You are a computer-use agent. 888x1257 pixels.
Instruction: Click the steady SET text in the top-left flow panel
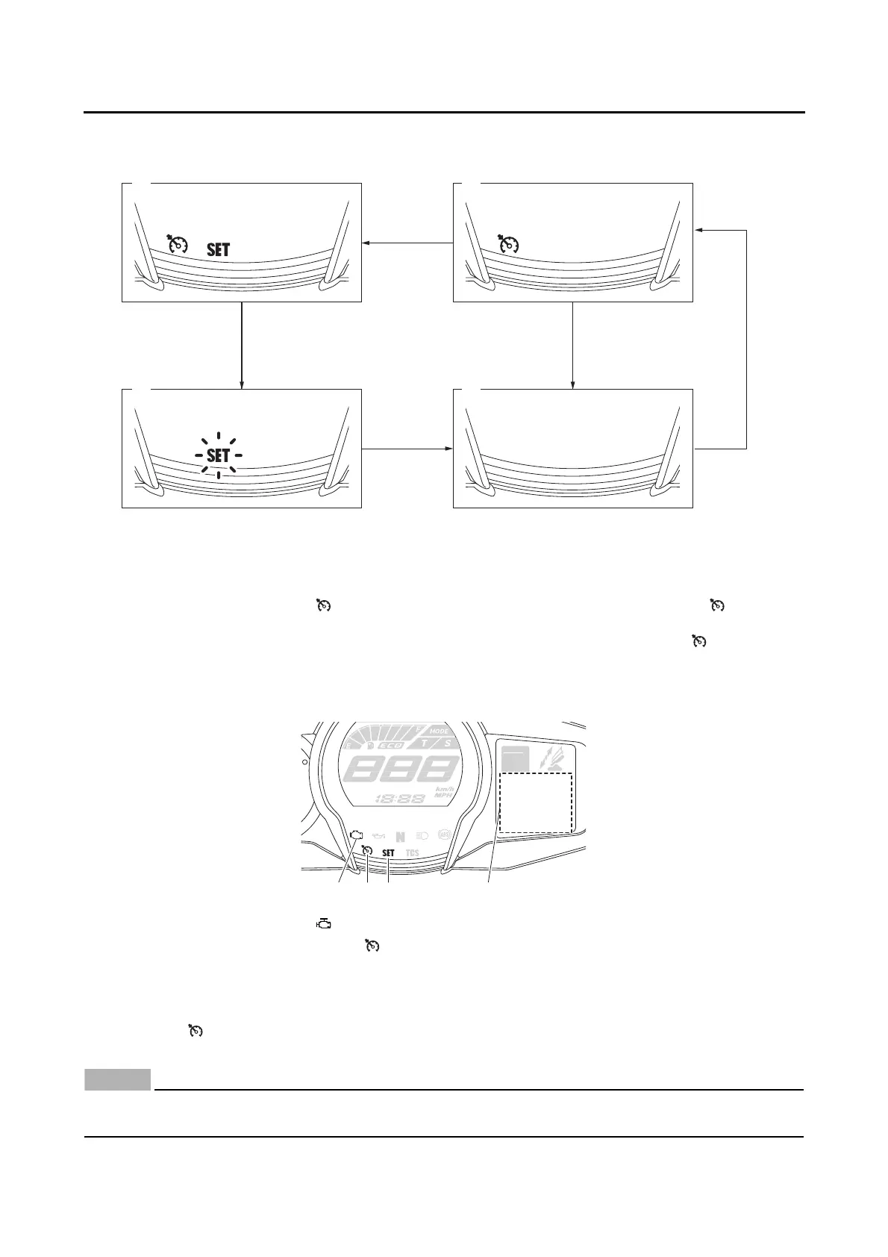pyautogui.click(x=218, y=250)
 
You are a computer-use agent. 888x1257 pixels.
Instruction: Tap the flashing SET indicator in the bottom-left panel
pyautogui.click(x=219, y=455)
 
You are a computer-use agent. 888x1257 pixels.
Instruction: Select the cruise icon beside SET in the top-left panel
pyautogui.click(x=179, y=245)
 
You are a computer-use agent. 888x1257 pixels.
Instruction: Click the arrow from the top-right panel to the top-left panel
pyautogui.click(x=407, y=243)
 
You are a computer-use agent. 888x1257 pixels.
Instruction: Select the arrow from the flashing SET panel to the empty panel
pyautogui.click(x=407, y=449)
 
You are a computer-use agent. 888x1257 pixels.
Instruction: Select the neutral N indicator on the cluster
pyautogui.click(x=401, y=837)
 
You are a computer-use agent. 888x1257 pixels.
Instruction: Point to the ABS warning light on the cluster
pyautogui.click(x=445, y=835)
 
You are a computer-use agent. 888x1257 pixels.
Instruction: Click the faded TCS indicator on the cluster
pyautogui.click(x=412, y=853)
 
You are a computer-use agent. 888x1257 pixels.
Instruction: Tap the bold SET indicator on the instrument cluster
pyautogui.click(x=388, y=853)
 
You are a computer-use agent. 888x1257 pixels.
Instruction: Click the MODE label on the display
pyautogui.click(x=439, y=732)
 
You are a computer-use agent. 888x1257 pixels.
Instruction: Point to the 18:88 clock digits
pyautogui.click(x=399, y=798)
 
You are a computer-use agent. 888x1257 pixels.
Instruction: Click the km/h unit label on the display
pyautogui.click(x=445, y=788)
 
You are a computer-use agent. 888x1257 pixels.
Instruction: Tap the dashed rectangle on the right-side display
pyautogui.click(x=536, y=802)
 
